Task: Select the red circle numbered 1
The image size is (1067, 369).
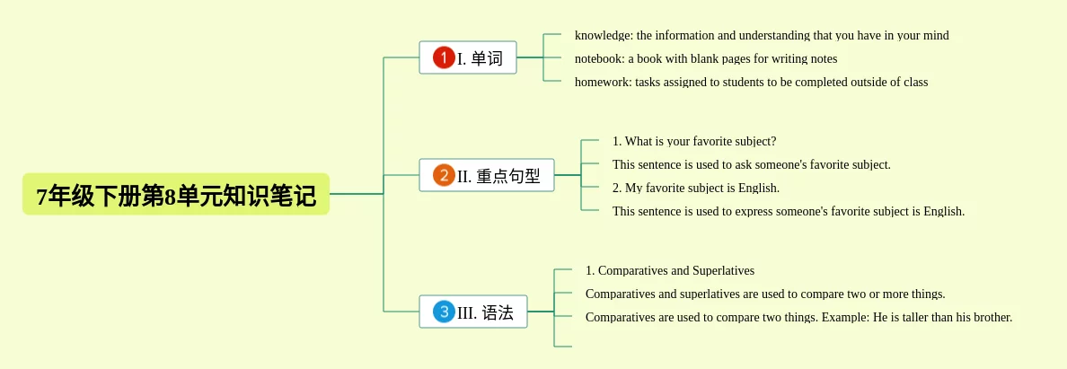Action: (444, 57)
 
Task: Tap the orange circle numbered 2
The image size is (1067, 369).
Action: (444, 176)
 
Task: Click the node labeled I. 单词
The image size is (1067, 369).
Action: (468, 57)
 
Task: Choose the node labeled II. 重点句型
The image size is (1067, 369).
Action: (487, 176)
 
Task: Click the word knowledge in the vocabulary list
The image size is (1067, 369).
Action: (603, 35)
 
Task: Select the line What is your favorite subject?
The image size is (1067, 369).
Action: (695, 142)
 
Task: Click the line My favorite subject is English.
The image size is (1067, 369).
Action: (696, 188)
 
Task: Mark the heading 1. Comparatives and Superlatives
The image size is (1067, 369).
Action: (670, 271)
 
